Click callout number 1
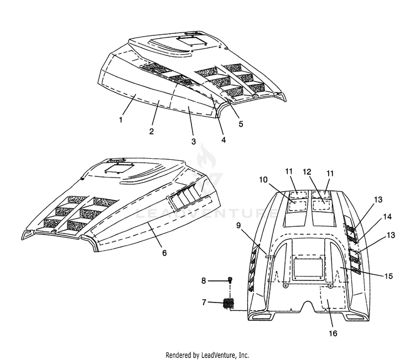pyautogui.click(x=121, y=120)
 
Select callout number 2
pyautogui.click(x=152, y=131)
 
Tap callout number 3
pyautogui.click(x=194, y=141)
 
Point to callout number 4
pyautogui.click(x=224, y=140)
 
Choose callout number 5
pyautogui.click(x=241, y=124)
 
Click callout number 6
pyautogui.click(x=164, y=253)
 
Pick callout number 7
pyautogui.click(x=204, y=302)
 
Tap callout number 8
pyautogui.click(x=204, y=280)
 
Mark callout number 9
pyautogui.click(x=238, y=226)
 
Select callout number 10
pyautogui.click(x=263, y=180)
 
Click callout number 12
pyautogui.click(x=307, y=172)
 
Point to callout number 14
pyautogui.click(x=387, y=217)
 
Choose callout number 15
pyautogui.click(x=388, y=276)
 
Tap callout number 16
pyautogui.click(x=333, y=333)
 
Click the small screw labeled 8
pyautogui.click(x=230, y=280)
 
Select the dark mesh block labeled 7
pyautogui.click(x=229, y=302)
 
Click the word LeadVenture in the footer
pyautogui.click(x=217, y=354)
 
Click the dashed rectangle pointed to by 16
pyautogui.click(x=333, y=297)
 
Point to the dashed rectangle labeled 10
pyautogui.click(x=297, y=206)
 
